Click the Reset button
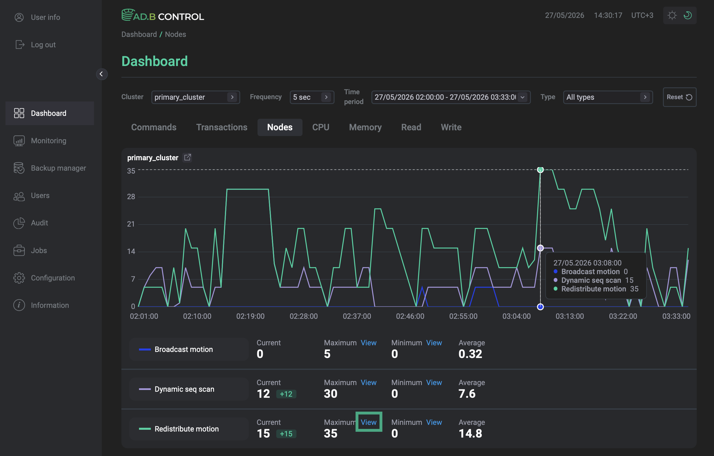click(x=679, y=97)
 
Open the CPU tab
click(x=321, y=127)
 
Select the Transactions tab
click(x=221, y=127)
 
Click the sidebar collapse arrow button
click(x=102, y=74)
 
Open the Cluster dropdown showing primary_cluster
click(x=196, y=97)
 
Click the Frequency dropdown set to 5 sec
click(x=312, y=97)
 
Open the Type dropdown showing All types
click(x=608, y=97)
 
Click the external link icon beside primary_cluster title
click(x=187, y=157)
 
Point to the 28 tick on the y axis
click(x=131, y=197)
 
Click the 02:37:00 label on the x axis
click(x=357, y=316)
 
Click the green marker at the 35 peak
click(x=540, y=170)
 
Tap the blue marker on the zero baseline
click(x=540, y=307)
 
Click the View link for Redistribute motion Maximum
click(x=369, y=422)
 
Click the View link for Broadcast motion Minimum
click(x=434, y=342)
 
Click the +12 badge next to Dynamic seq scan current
click(x=286, y=394)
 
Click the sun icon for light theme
click(x=672, y=15)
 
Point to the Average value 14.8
click(x=470, y=433)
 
